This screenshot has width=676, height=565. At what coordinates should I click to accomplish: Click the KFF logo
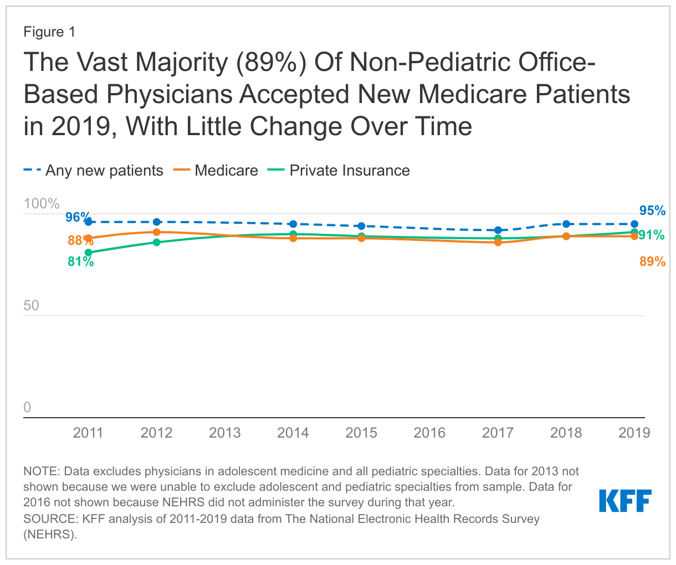[625, 501]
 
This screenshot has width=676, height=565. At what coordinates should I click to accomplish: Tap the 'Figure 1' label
[49, 32]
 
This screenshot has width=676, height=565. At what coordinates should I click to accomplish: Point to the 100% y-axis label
[42, 204]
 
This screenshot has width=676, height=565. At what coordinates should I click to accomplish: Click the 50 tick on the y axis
[32, 306]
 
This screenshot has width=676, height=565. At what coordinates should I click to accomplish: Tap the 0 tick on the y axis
[28, 408]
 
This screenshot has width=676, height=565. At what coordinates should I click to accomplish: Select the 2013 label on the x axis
[224, 433]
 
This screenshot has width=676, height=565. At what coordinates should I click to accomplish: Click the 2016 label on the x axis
[429, 433]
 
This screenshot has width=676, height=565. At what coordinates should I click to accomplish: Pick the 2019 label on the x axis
[634, 433]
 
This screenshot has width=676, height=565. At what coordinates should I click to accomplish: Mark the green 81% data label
[81, 262]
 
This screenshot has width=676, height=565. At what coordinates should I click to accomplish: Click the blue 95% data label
[652, 211]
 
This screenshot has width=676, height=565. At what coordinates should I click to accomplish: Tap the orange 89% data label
[652, 262]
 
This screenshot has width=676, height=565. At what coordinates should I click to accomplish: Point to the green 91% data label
[652, 235]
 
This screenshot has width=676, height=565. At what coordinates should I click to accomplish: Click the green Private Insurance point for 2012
[157, 242]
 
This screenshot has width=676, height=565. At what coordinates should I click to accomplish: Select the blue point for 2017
[498, 230]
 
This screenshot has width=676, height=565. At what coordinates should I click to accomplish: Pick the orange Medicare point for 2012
[157, 232]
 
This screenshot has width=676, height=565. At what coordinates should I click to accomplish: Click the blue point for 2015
[361, 226]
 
